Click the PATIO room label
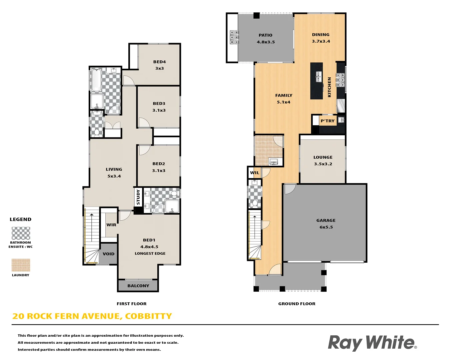(265, 35)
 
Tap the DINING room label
(321, 35)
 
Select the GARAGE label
(326, 220)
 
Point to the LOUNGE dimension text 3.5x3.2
(323, 164)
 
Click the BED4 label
(159, 62)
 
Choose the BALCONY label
(138, 286)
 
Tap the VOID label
(108, 254)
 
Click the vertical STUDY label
(138, 197)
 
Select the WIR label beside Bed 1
(111, 225)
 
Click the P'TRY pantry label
(328, 121)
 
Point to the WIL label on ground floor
(255, 173)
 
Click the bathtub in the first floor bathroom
(96, 80)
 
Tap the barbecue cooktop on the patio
(234, 37)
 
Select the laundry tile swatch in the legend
(21, 265)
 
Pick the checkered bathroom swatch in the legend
(21, 233)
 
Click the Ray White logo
(372, 343)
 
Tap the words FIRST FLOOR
(131, 304)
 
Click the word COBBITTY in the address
(148, 316)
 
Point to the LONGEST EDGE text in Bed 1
(150, 253)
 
